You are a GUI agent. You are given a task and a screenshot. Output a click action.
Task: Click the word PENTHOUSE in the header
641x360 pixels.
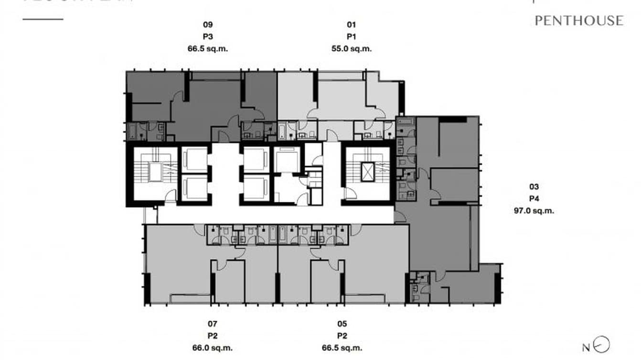tap(579, 21)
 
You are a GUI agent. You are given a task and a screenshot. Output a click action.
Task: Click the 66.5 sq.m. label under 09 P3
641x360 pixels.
tap(208, 48)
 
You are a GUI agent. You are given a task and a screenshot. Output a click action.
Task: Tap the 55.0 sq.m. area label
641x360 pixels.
tap(352, 48)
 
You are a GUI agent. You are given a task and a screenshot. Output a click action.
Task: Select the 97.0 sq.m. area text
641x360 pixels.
tap(534, 211)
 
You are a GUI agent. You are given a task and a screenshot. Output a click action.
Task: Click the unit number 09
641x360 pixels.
tap(208, 25)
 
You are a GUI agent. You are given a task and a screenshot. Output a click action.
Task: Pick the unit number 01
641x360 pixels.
tap(352, 25)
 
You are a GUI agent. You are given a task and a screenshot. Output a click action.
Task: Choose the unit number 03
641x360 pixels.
tap(534, 187)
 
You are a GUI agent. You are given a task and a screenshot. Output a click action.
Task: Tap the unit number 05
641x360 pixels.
tap(342, 325)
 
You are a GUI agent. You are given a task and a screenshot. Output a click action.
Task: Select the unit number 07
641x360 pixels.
tap(213, 325)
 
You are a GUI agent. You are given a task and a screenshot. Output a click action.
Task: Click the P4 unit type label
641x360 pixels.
tap(534, 199)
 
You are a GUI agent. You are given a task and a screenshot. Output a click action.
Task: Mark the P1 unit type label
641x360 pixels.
tap(352, 36)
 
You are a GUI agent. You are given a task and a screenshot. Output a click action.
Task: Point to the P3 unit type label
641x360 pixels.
tap(208, 36)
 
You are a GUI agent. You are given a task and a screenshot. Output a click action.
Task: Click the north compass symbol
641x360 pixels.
tap(603, 345)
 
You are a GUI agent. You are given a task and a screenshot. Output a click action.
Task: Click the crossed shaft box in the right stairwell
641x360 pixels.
tap(368, 172)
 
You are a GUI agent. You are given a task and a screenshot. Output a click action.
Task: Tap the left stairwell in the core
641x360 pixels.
tap(154, 173)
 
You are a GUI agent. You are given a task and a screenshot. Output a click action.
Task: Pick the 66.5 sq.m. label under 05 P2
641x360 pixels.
tap(342, 348)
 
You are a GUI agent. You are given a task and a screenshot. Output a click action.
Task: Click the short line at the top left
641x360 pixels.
tap(43, 20)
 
